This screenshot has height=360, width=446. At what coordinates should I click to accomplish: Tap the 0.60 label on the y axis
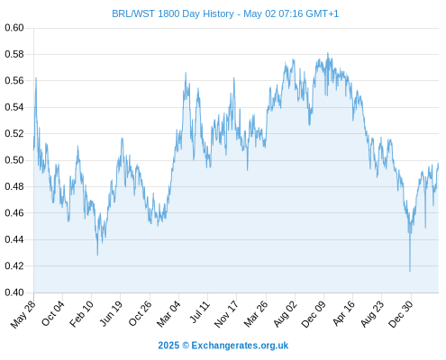click(x=14, y=28)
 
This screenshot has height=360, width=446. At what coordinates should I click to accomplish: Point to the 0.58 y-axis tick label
click(x=14, y=54)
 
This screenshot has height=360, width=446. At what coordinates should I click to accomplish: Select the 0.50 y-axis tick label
click(x=14, y=160)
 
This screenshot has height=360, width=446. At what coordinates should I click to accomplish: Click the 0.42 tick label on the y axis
click(x=14, y=266)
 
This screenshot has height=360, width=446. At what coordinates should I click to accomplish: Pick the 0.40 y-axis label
click(x=14, y=292)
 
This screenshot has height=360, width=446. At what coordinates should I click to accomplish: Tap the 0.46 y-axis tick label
click(x=14, y=213)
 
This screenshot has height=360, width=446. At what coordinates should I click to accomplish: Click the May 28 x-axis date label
click(x=23, y=314)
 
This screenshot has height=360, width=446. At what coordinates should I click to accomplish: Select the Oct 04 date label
click(x=53, y=313)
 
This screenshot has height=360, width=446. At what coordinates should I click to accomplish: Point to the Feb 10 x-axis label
click(x=81, y=314)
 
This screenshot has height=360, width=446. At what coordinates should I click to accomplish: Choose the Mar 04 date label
click(x=168, y=314)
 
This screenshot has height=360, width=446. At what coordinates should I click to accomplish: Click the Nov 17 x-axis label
click(x=226, y=314)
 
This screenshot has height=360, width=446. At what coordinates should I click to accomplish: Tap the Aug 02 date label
click(x=286, y=314)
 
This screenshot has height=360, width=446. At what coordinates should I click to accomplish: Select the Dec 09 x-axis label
click(x=314, y=314)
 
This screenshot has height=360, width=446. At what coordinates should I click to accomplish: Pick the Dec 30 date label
click(x=401, y=314)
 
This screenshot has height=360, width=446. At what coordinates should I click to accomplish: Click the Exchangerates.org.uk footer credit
click(x=240, y=346)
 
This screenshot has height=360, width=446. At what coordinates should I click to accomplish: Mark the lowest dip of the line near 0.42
click(x=410, y=271)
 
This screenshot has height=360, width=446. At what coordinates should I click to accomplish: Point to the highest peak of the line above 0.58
click(x=328, y=53)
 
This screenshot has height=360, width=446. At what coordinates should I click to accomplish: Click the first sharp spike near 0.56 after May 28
click(x=36, y=78)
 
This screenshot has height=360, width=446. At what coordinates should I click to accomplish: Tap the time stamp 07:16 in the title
click(x=291, y=13)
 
